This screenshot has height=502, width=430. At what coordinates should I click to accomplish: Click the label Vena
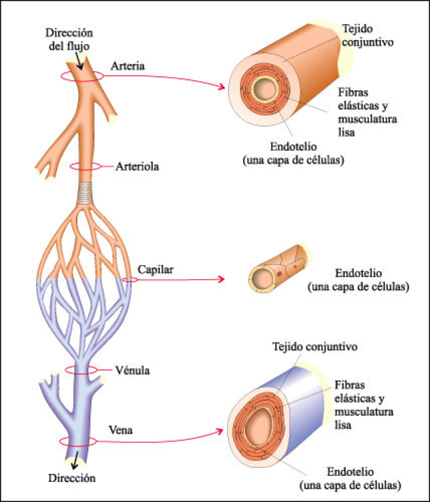(x=120, y=430)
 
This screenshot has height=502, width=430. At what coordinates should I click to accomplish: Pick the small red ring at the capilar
(x=131, y=279)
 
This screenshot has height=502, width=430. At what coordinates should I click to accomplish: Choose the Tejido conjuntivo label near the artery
(x=366, y=35)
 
